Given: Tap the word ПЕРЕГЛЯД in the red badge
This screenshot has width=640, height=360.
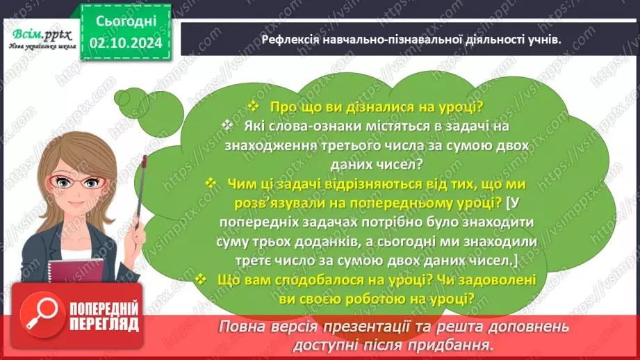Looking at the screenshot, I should click(x=104, y=324).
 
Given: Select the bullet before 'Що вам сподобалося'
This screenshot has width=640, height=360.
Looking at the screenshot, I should click(x=201, y=279).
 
